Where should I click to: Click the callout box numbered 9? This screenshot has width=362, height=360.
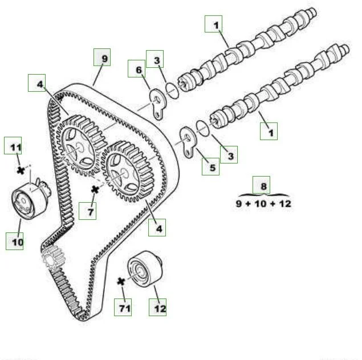[x=102, y=57]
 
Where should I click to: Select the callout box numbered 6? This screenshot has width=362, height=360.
[x=137, y=69]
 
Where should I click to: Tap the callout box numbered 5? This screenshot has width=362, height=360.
[x=210, y=166]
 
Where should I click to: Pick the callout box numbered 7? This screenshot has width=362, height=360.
[x=87, y=211]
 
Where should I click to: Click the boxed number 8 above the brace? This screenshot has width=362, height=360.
[x=261, y=185]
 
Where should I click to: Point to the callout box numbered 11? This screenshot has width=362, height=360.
[x=13, y=145]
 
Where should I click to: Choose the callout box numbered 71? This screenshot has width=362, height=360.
[x=123, y=307]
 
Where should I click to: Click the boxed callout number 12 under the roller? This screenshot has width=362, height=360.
[x=157, y=307]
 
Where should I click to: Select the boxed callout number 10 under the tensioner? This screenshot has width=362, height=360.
[x=15, y=241]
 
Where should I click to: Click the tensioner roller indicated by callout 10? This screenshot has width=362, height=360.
[x=30, y=199]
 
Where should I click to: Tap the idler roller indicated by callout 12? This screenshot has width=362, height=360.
[x=145, y=269]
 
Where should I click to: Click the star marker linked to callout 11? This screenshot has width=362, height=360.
[x=21, y=170]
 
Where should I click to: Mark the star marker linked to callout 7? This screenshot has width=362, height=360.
[x=95, y=190]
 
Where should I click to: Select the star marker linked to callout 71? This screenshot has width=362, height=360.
[x=121, y=281]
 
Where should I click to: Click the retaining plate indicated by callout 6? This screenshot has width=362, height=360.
[x=157, y=104]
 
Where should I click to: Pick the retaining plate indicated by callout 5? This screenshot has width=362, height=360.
[x=188, y=142]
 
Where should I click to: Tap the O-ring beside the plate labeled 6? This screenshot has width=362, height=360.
[x=172, y=91]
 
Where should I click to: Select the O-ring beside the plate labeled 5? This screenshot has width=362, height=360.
[x=203, y=128]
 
